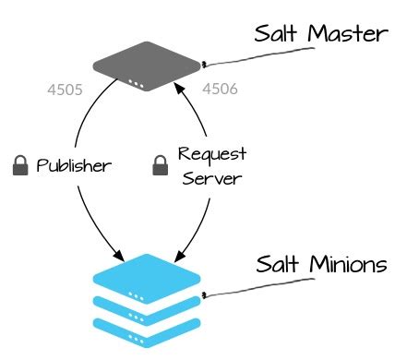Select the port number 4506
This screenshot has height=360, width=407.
[220, 90]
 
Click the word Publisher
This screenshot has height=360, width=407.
[74, 166]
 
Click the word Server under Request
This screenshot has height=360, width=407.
[210, 178]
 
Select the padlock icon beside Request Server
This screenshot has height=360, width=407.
[158, 166]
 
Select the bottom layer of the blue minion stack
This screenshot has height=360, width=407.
[148, 325]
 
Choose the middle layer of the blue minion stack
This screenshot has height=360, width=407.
[148, 306]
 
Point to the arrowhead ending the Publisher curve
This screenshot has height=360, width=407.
[119, 254]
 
